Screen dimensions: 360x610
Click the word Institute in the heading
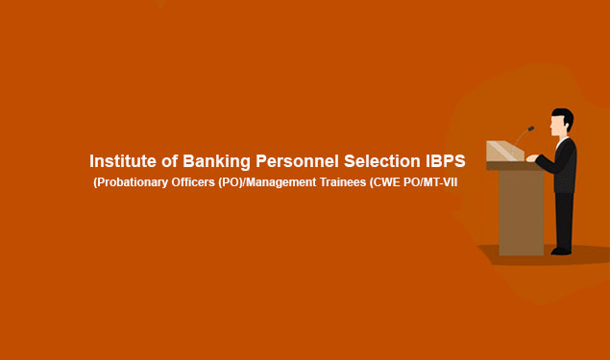pos(121,161)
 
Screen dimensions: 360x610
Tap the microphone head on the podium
pos(530,128)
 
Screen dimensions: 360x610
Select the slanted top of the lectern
pos(503,151)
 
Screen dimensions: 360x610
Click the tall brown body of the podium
pos(521,211)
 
